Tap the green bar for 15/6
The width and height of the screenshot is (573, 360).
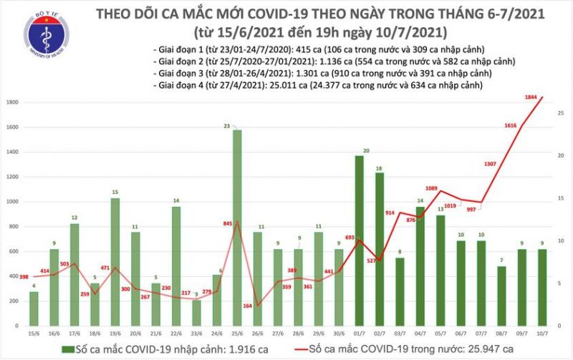click(34, 307)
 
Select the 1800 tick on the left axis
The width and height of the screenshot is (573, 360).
click(13, 103)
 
